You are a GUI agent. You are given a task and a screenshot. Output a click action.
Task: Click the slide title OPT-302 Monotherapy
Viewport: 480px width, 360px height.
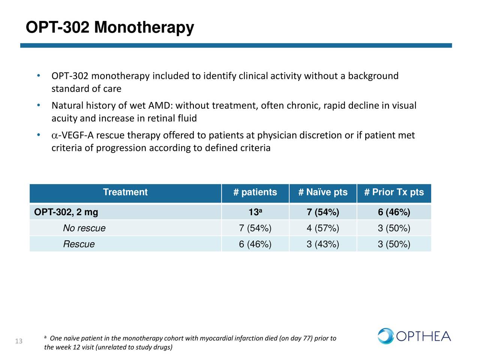click(x=109, y=27)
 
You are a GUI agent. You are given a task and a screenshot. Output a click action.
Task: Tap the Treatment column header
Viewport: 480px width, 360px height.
click(x=125, y=192)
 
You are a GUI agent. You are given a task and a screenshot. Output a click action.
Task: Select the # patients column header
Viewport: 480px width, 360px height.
click(x=255, y=192)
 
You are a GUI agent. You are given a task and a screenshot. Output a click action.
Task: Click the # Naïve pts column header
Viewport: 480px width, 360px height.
click(x=323, y=192)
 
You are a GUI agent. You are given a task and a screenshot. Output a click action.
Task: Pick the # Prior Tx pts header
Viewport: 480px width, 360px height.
click(x=394, y=192)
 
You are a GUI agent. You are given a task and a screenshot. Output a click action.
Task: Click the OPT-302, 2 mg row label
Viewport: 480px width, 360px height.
click(x=66, y=212)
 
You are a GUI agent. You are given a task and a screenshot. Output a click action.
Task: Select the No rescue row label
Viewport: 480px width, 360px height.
click(x=84, y=228)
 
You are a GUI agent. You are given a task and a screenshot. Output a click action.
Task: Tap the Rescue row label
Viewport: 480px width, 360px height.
click(x=79, y=244)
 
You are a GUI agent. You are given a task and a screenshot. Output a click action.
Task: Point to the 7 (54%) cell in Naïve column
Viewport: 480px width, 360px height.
click(x=323, y=212)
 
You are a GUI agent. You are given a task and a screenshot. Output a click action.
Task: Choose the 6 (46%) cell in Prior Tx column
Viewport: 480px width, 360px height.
click(x=394, y=212)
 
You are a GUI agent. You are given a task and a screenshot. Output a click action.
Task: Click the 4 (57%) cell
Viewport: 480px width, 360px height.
click(x=323, y=228)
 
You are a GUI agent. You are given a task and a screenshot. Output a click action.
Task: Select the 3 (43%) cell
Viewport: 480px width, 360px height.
click(x=323, y=244)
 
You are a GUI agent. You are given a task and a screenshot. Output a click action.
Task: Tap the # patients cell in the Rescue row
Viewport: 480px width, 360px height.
click(x=255, y=244)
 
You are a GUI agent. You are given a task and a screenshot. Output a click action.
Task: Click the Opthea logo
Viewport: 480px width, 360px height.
click(x=414, y=336)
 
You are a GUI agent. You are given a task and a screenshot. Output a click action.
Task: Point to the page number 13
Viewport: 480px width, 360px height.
click(x=19, y=341)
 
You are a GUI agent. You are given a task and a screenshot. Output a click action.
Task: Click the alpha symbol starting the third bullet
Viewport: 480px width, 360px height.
click(x=54, y=135)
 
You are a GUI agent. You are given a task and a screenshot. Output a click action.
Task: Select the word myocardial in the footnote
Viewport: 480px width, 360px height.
click(x=216, y=338)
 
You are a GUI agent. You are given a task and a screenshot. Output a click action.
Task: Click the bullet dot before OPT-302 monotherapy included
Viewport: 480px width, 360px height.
click(x=39, y=75)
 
